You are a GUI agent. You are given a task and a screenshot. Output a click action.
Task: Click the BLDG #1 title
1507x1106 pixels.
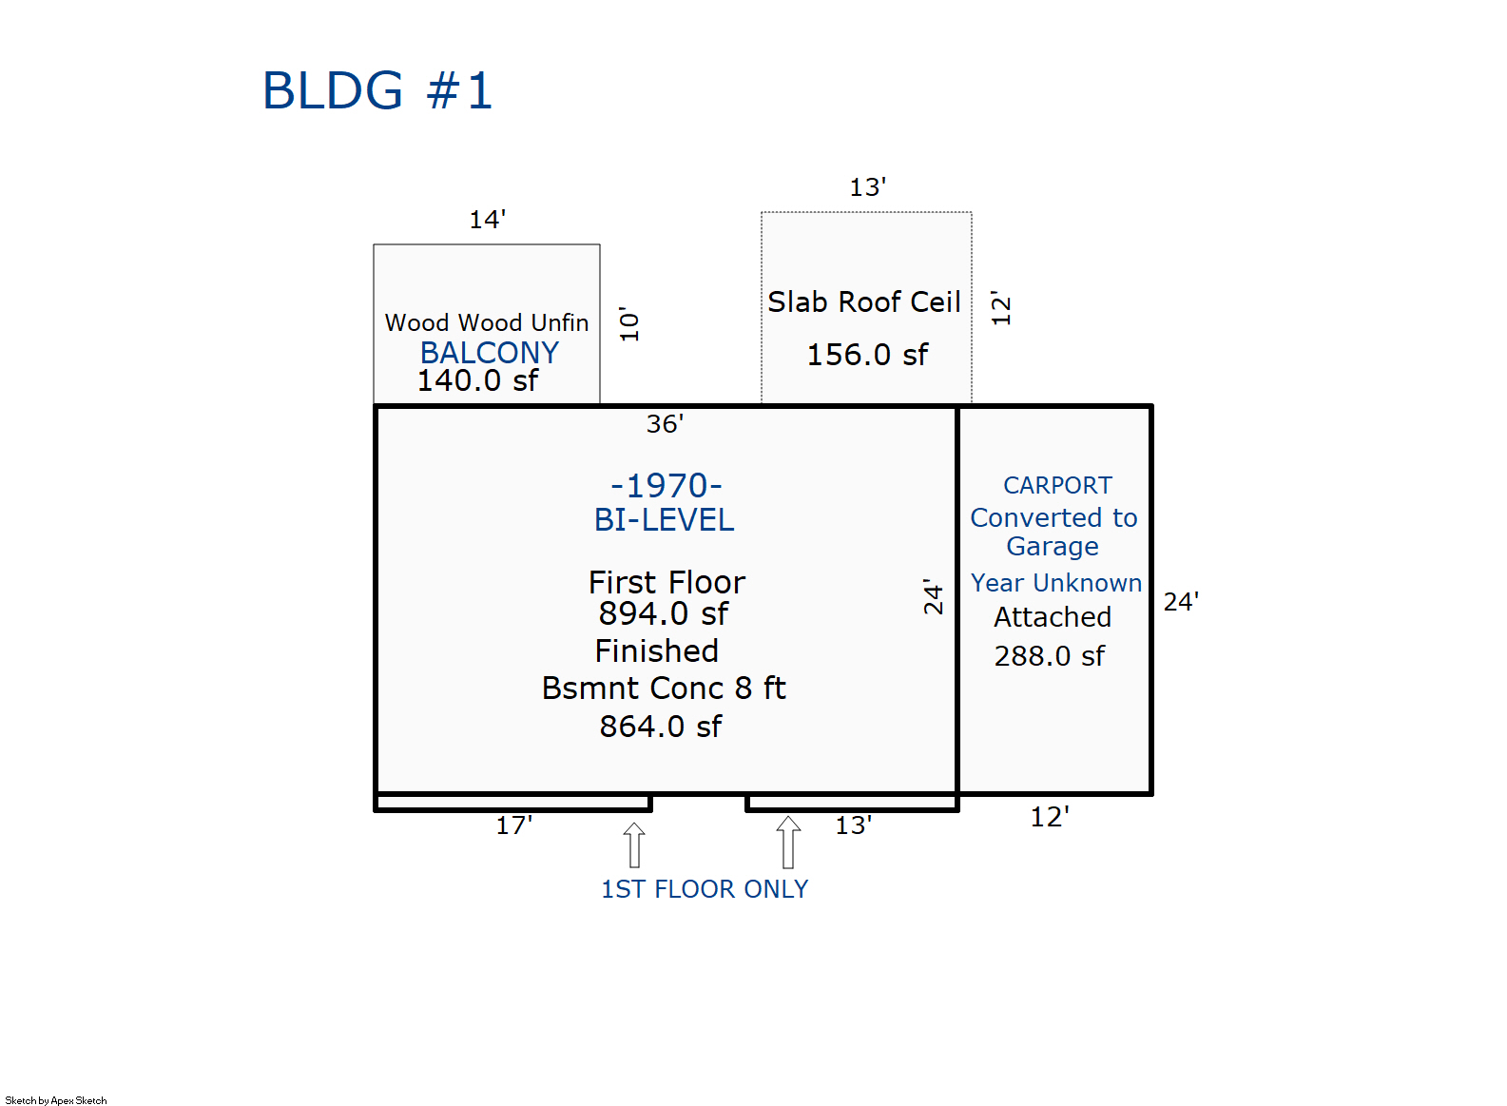377,91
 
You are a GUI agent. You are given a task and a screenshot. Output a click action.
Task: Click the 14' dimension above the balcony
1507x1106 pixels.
487,220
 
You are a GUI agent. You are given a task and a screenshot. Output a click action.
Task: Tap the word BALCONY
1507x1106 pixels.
489,353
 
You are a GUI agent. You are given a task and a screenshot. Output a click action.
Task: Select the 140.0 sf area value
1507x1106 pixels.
477,380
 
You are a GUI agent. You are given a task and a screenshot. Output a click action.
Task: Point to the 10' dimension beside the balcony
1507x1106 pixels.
629,324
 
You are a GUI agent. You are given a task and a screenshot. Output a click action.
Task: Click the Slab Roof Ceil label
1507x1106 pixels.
863,302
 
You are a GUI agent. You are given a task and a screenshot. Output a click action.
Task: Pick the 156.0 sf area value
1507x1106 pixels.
867,355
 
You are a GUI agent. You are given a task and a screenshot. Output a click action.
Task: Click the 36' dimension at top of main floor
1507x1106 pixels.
665,424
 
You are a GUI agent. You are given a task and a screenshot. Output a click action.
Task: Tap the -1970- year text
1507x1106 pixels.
666,486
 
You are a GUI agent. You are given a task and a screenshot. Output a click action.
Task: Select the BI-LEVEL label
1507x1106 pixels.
664,520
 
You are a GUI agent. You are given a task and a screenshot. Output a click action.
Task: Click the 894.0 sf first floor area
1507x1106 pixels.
663,614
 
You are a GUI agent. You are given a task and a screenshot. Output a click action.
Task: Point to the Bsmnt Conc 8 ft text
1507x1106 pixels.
663,689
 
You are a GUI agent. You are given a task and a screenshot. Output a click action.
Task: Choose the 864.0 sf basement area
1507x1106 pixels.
660,727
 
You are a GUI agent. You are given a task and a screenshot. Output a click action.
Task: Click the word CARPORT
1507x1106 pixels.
1057,486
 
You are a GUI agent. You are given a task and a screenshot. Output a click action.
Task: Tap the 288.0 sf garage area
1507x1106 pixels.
1049,656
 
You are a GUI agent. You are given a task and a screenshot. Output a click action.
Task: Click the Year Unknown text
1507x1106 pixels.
1055,583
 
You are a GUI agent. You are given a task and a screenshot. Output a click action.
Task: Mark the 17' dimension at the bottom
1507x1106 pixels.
513,825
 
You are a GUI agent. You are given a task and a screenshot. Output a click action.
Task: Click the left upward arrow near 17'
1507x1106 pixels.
634,844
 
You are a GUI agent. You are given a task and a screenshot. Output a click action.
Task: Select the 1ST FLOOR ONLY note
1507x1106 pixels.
704,889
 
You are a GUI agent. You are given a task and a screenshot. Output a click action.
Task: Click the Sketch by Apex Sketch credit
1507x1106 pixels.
56,1100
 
